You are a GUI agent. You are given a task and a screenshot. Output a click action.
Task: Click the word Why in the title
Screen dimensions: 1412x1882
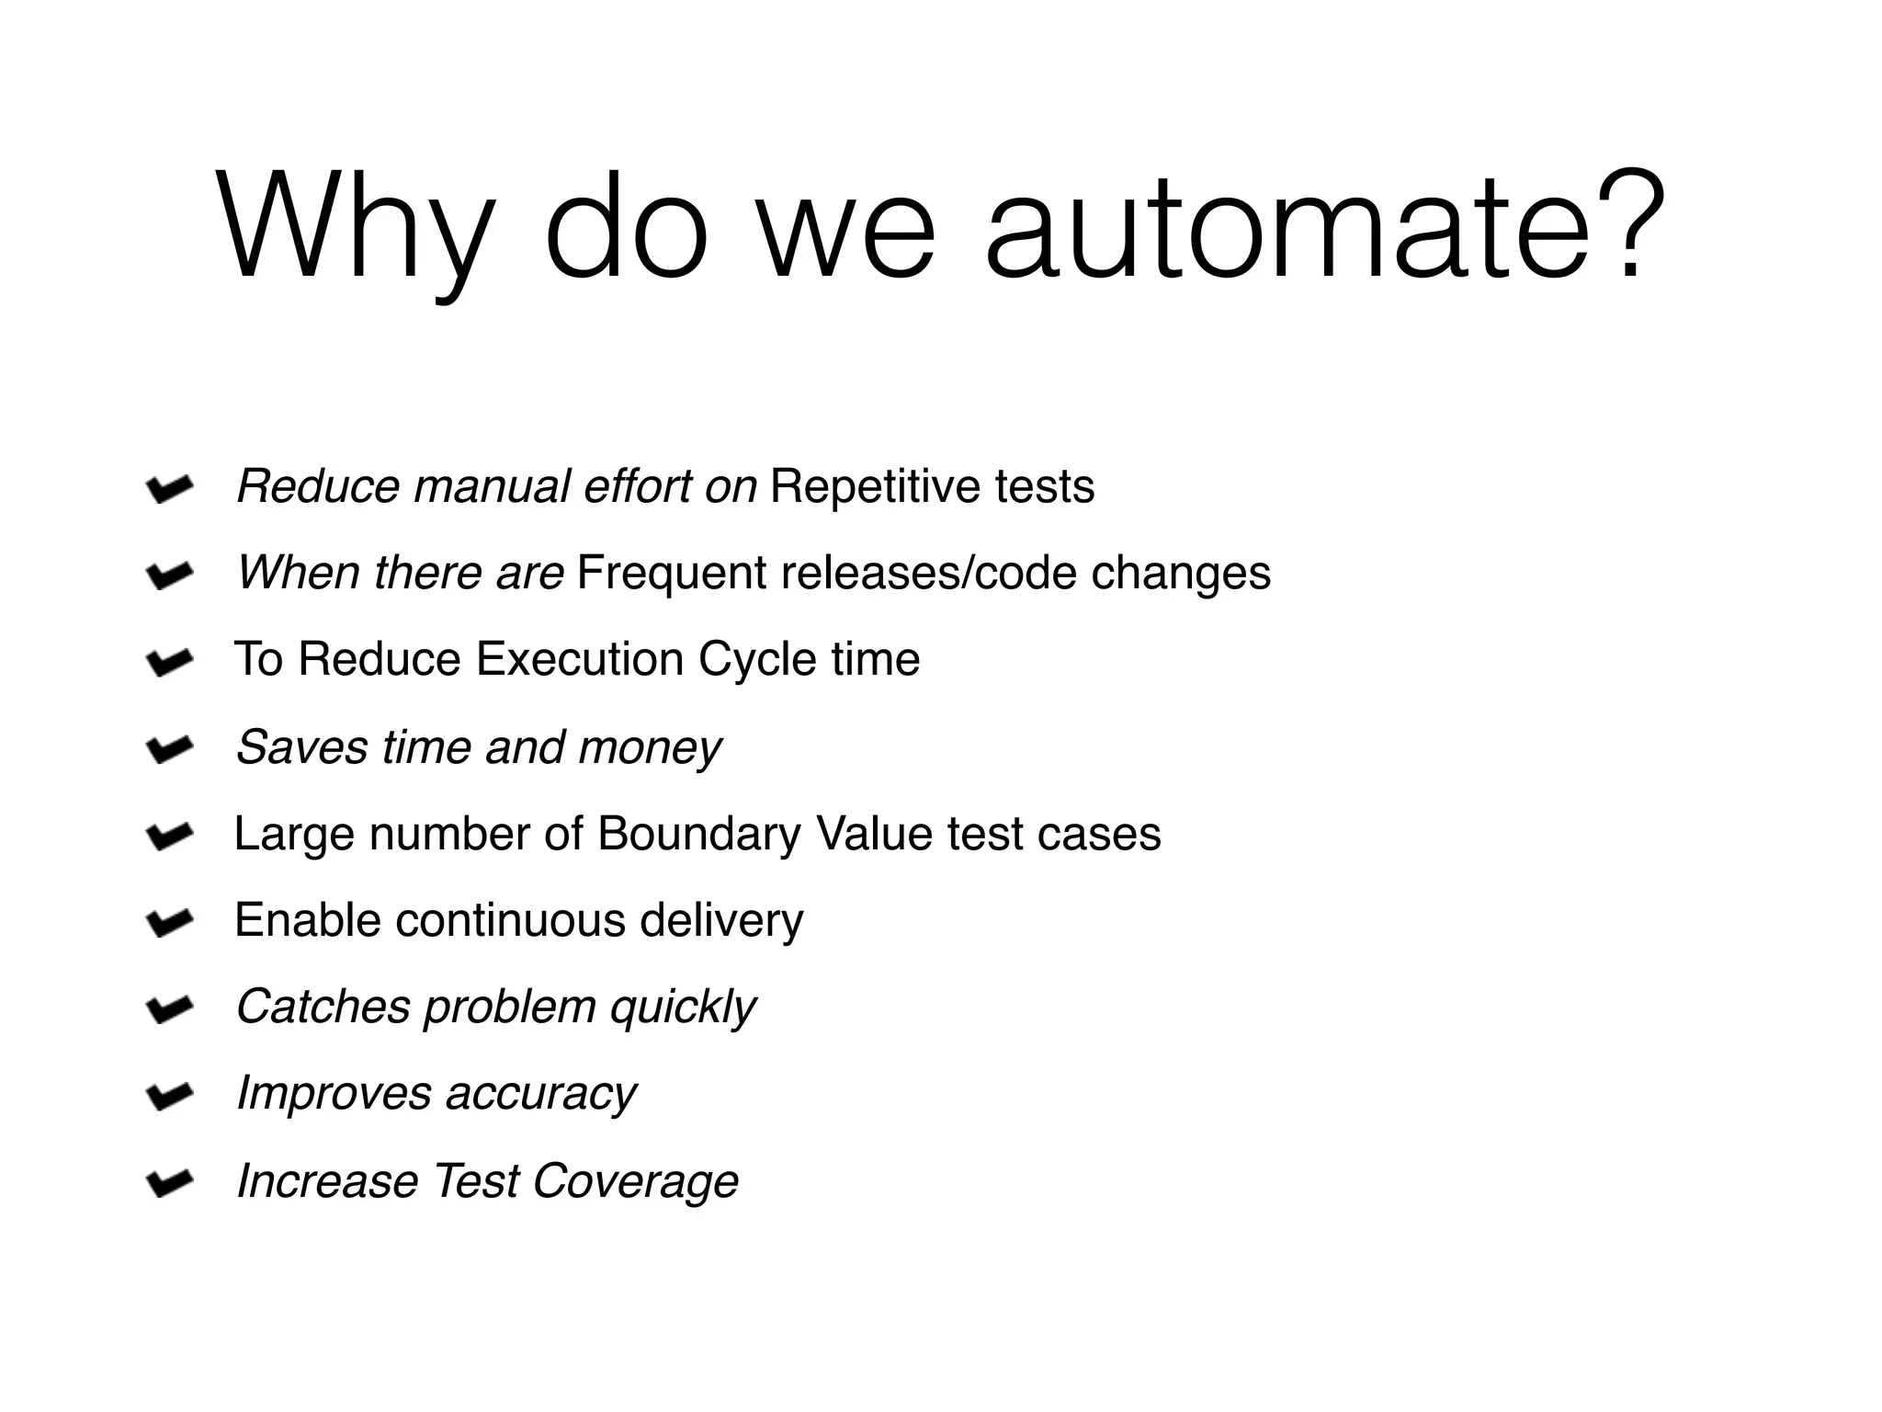354,227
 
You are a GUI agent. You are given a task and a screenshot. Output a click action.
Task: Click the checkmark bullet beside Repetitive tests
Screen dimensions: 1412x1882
169,489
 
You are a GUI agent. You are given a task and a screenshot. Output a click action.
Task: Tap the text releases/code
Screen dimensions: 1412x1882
928,573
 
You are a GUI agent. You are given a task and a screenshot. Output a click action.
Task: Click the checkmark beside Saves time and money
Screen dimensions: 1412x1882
169,749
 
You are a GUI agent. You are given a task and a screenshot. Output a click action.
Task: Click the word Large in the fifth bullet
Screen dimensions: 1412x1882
294,834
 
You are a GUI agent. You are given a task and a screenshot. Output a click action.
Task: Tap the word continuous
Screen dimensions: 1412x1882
510,920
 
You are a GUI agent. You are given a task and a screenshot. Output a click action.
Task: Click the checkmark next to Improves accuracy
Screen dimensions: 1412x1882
169,1095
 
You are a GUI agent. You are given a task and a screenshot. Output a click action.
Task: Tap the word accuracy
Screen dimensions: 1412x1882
540,1094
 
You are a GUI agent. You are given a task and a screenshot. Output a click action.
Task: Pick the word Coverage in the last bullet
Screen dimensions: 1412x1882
635,1180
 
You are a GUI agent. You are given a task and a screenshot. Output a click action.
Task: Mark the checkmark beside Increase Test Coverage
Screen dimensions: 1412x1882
169,1182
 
